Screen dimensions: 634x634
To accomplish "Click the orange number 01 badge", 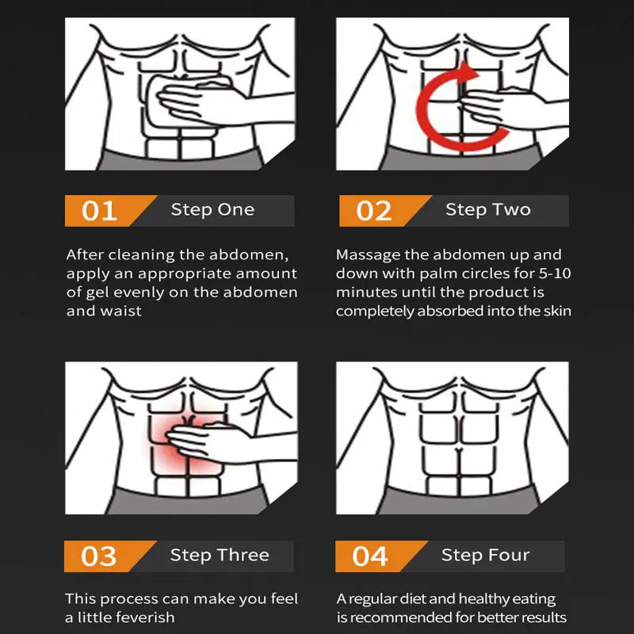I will [100, 211].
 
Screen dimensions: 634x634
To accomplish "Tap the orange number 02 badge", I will [374, 211].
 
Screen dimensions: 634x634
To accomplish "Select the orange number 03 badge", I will [99, 556].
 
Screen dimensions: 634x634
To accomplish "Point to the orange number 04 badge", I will [370, 556].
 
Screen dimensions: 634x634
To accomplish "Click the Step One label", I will [212, 210].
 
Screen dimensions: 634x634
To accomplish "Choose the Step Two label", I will [487, 210].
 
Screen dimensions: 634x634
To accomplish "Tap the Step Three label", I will [220, 556].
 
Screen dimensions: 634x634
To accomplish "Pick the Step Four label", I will [485, 556].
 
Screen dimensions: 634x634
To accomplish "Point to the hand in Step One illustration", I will [190, 103].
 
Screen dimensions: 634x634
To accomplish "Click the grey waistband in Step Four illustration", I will [452, 501].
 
